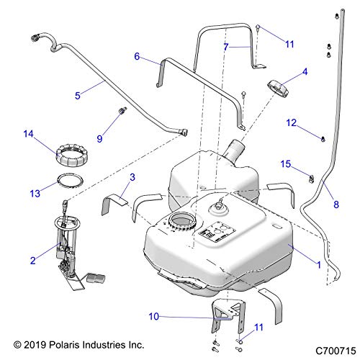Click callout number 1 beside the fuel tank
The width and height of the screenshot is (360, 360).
(318, 265)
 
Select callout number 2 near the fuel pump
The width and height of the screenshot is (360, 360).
(32, 262)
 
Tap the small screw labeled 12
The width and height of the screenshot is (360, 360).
(322, 136)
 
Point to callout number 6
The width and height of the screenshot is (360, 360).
(136, 55)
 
